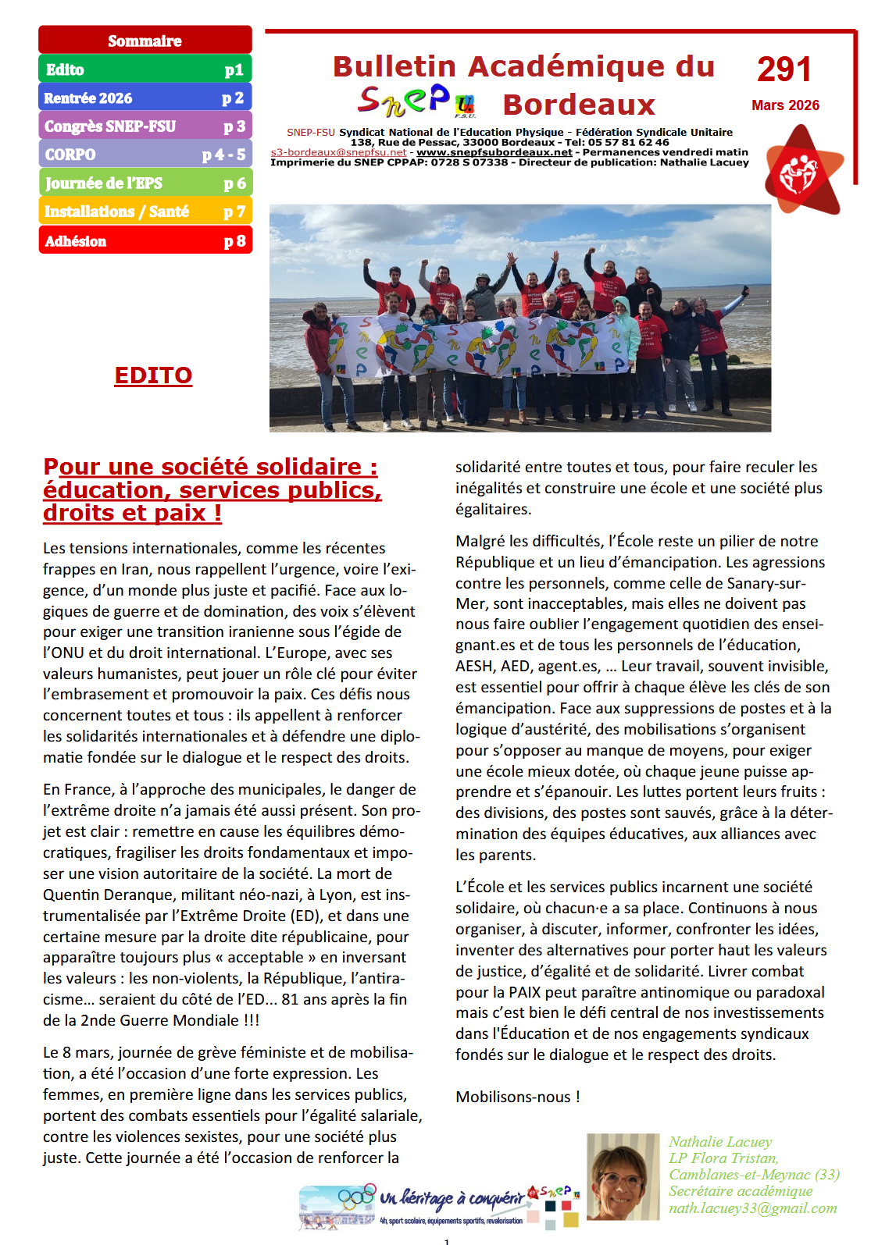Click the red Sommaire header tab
[145, 41]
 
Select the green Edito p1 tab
[145, 69]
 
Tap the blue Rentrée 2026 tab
[145, 98]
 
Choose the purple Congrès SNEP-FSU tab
[145, 126]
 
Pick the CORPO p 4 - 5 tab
[145, 155]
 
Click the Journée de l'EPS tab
[145, 183]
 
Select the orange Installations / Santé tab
[145, 211]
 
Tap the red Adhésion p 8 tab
[145, 240]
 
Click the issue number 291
[784, 69]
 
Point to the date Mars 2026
[785, 105]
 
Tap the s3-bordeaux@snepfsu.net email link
[338, 152]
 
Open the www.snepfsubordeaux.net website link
[494, 152]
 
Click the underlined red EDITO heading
[153, 375]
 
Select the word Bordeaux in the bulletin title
[579, 105]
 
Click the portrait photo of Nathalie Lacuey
[623, 1176]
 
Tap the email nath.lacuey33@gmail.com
[752, 1208]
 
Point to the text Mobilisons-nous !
[517, 1097]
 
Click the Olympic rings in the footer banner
[356, 1196]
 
